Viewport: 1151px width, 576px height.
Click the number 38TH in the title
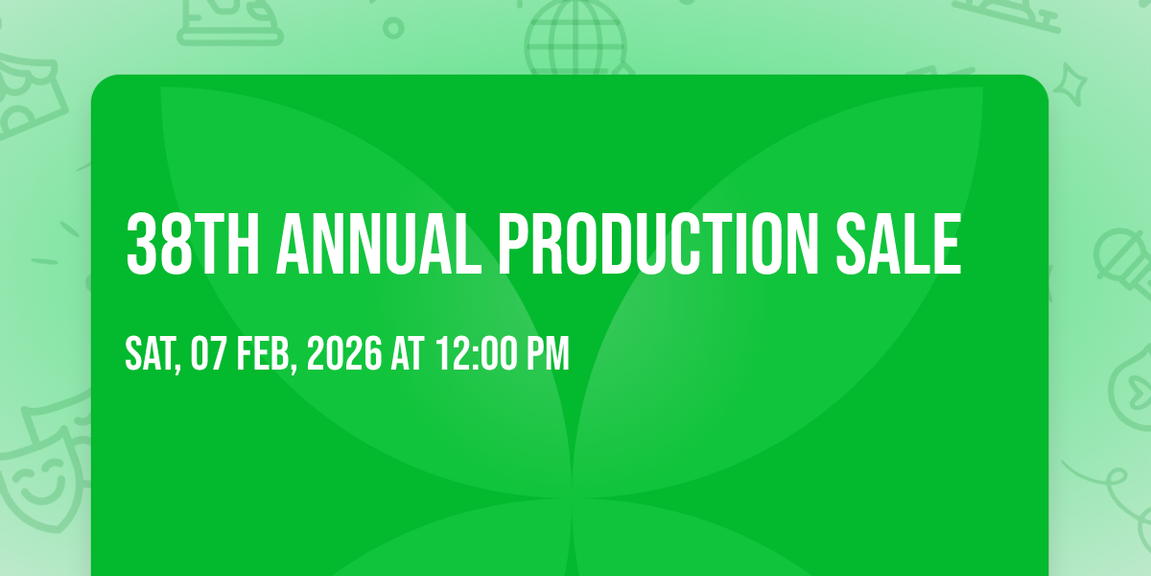193,244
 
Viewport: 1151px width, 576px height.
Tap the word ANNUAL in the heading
379,244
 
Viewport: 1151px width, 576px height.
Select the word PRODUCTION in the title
659,244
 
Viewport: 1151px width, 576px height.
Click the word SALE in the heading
899,244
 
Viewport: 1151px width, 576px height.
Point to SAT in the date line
150,353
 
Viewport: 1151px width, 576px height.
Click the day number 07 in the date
208,353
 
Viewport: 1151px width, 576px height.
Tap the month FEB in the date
263,353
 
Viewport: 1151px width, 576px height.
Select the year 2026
344,353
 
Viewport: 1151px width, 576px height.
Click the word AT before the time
408,353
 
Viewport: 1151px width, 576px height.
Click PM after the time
549,353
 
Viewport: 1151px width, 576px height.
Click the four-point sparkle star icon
1070,84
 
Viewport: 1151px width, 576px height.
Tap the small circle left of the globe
393,28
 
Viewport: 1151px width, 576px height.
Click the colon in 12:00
477,355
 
